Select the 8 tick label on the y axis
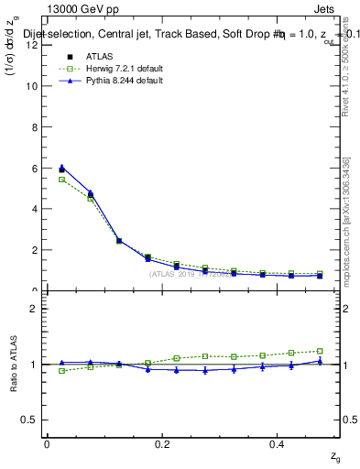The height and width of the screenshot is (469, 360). click(33, 127)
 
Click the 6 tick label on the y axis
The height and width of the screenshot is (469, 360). click(33, 168)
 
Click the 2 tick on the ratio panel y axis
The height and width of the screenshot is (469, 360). click(33, 309)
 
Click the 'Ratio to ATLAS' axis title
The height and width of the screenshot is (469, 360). click(12, 365)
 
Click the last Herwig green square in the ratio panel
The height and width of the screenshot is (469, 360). click(320, 351)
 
